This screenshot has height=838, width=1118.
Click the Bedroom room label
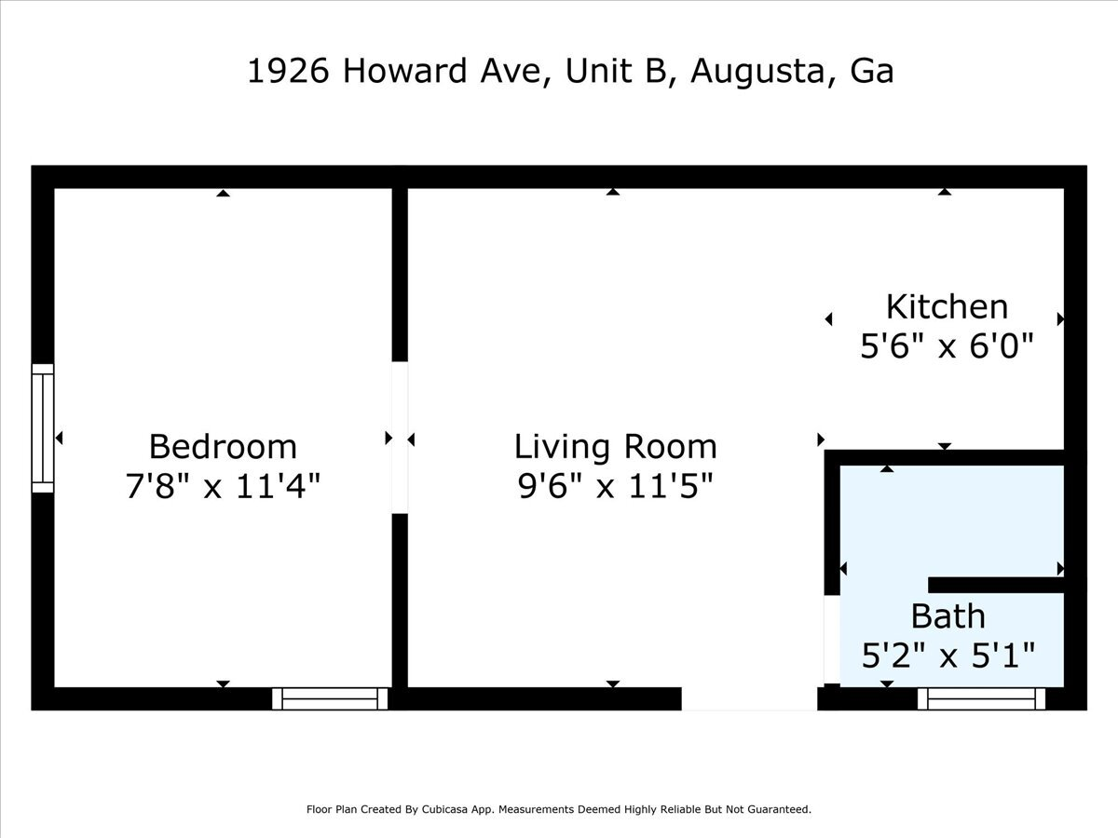(223, 447)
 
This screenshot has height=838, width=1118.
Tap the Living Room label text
(615, 447)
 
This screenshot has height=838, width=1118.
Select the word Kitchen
(947, 306)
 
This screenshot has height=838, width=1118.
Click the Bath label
(948, 615)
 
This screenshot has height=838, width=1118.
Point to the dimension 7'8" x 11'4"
(223, 486)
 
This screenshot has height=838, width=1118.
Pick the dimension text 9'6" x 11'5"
(615, 486)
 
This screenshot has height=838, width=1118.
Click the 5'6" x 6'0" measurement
(947, 346)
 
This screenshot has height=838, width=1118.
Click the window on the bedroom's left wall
(43, 428)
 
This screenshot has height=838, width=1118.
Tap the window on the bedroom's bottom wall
(331, 698)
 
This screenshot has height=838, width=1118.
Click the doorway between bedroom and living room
(400, 438)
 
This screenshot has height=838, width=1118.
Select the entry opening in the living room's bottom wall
(749, 698)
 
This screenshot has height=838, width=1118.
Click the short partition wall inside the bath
(997, 585)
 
